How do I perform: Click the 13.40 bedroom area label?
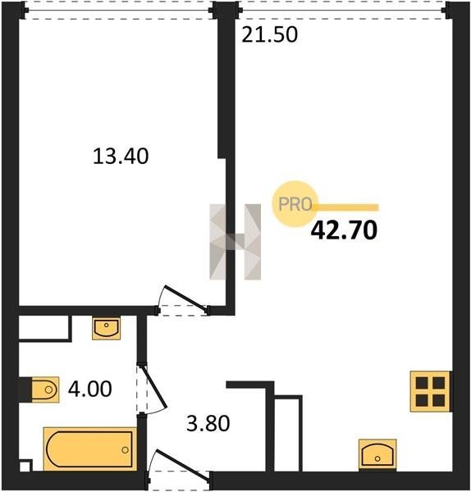pyautogui.click(x=121, y=157)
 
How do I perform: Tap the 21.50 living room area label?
pyautogui.click(x=270, y=34)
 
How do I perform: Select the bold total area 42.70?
pyautogui.click(x=344, y=230)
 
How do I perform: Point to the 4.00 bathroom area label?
pyautogui.click(x=89, y=389)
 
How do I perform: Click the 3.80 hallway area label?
pyautogui.click(x=208, y=423)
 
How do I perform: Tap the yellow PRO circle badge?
pyautogui.click(x=295, y=204)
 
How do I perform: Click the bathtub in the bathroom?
pyautogui.click(x=90, y=449)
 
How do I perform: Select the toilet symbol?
pyautogui.click(x=45, y=389)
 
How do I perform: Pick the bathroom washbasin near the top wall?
pyautogui.click(x=107, y=329)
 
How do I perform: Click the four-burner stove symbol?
pyautogui.click(x=430, y=391)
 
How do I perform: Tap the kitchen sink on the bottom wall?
pyautogui.click(x=377, y=454)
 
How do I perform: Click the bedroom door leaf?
pyautogui.click(x=186, y=299)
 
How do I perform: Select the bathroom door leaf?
pyautogui.click(x=153, y=387)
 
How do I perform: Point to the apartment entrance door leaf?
pyautogui.click(x=183, y=465)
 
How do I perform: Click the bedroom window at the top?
pyautogui.click(x=119, y=11)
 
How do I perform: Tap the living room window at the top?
pyautogui.click(x=343, y=11)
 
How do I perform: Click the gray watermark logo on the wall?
pyautogui.click(x=235, y=242)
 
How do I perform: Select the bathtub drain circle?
pyautogui.click(x=125, y=450)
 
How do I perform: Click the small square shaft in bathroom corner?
pyautogui.click(x=25, y=466)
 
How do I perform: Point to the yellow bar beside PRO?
pyautogui.click(x=345, y=207)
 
